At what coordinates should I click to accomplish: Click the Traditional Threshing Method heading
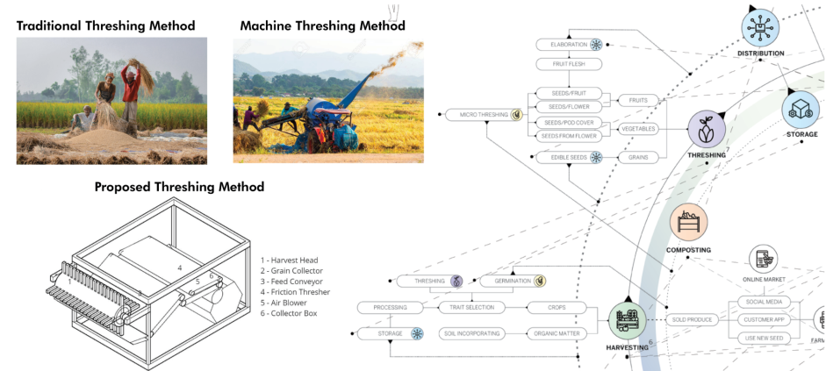click(105, 25)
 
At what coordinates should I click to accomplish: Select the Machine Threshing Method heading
click(322, 25)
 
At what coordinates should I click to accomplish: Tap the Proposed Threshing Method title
click(179, 187)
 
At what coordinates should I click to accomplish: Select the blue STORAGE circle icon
click(801, 109)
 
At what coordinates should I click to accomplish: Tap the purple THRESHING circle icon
click(707, 130)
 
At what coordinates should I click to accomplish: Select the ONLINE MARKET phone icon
click(762, 259)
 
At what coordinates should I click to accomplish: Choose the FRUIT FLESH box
click(569, 64)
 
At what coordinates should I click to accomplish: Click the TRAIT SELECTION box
click(472, 308)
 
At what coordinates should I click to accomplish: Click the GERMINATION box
click(514, 282)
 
